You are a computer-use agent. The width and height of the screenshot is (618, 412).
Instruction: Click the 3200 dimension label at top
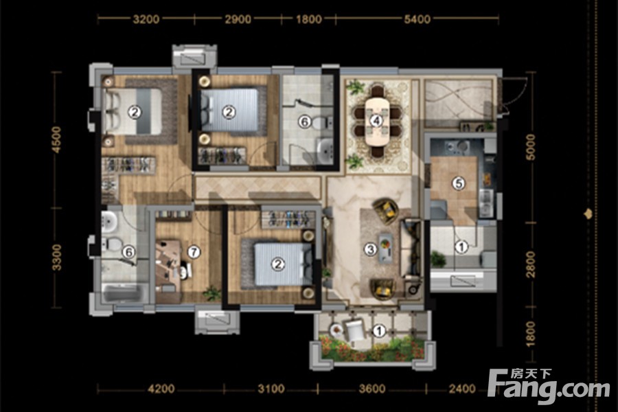tap(146, 19)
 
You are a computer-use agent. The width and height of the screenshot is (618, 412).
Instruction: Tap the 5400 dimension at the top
tap(417, 19)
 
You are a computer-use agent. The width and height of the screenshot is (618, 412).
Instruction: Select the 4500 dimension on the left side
tap(57, 139)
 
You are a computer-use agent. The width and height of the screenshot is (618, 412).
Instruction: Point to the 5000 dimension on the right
tap(531, 147)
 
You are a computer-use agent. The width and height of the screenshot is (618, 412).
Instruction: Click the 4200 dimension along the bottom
tap(161, 389)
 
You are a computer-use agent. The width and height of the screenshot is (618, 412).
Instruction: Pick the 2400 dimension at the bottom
tap(462, 389)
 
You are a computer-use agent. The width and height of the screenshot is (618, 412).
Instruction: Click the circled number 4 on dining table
tap(376, 120)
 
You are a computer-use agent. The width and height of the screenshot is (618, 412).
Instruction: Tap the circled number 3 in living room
tap(370, 249)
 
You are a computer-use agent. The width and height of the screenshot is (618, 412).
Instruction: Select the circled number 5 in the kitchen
tap(459, 183)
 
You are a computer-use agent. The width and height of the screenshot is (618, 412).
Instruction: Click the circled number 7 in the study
tap(194, 251)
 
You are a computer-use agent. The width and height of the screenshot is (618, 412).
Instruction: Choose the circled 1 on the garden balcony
tap(379, 330)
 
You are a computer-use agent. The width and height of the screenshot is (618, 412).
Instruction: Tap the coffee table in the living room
tap(385, 248)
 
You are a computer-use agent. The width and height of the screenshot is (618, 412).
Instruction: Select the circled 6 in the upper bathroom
tap(304, 122)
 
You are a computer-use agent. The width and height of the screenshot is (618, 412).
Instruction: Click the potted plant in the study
tap(212, 293)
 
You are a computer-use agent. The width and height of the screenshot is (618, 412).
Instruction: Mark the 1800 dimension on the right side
tap(531, 332)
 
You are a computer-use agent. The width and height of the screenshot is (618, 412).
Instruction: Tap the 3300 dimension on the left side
tap(57, 257)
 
